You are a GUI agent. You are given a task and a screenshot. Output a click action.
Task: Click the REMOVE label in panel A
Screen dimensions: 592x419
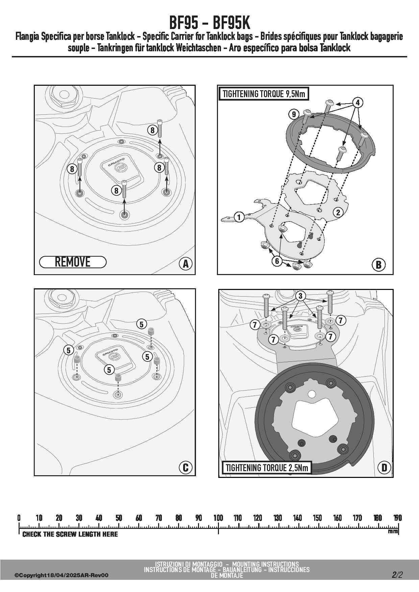[x=73, y=262]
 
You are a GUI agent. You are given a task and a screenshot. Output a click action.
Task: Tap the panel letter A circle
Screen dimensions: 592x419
[x=185, y=264]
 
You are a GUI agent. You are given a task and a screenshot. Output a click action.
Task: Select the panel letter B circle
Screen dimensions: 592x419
[x=378, y=265]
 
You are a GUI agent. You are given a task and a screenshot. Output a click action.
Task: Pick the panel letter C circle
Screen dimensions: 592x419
[x=185, y=467]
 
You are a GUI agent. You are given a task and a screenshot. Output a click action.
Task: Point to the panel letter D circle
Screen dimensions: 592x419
[x=384, y=467]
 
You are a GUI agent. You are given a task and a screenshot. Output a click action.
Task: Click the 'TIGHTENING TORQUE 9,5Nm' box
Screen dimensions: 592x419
[x=264, y=94]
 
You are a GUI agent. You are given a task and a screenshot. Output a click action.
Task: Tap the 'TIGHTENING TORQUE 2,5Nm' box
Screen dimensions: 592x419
[x=267, y=468]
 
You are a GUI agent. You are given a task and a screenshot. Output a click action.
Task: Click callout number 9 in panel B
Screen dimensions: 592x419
[x=294, y=114]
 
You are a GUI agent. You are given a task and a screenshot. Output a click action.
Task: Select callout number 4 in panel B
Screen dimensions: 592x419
[x=358, y=102]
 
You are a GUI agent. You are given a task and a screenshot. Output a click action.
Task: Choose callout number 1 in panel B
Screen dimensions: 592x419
[x=239, y=217]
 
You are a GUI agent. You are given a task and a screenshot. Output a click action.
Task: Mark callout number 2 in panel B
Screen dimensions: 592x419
[x=338, y=212]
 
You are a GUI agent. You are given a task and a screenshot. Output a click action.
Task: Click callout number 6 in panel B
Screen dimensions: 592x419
[x=277, y=261]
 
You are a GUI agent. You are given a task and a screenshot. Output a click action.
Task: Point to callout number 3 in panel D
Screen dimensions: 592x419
[x=300, y=296]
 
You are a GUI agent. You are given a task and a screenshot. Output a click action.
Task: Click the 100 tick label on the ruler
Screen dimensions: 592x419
[x=218, y=518]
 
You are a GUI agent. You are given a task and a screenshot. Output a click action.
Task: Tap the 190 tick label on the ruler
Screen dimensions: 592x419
[x=397, y=518]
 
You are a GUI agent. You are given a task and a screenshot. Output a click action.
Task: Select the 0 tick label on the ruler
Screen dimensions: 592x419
[x=19, y=518]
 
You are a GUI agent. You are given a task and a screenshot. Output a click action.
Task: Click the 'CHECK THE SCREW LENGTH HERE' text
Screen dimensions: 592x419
[x=70, y=534]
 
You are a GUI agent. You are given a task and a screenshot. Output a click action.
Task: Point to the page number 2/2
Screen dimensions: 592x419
[x=397, y=575]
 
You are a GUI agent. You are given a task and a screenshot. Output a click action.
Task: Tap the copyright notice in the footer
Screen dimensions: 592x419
[x=61, y=575]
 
